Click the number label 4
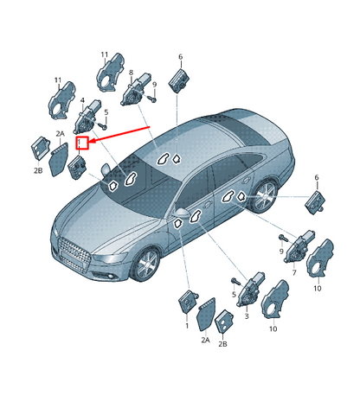click(82, 100)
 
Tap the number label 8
click(131, 73)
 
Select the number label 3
click(247, 316)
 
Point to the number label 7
click(294, 272)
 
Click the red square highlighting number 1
click(81, 143)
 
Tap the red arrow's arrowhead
click(92, 141)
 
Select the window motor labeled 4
click(87, 117)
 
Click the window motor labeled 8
click(136, 89)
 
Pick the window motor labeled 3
click(250, 289)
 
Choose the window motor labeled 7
click(299, 246)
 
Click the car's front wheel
click(147, 264)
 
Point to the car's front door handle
click(207, 205)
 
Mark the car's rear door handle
click(246, 180)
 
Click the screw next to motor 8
click(152, 99)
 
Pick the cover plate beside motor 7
click(319, 258)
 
